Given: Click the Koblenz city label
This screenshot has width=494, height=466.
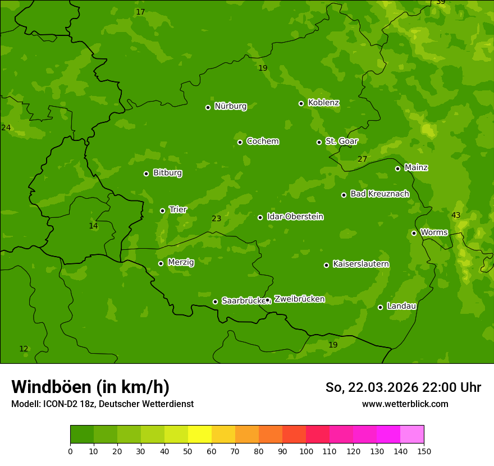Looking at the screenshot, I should coord(323,103).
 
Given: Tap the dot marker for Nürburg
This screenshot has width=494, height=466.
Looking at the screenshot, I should coord(208,107).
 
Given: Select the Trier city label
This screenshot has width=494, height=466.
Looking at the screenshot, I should coord(178,209).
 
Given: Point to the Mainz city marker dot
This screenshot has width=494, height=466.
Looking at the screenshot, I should coord(397,168).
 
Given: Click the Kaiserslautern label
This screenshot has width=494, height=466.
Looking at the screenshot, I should coord(361,264).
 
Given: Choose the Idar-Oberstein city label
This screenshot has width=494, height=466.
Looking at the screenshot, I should coord(295,217).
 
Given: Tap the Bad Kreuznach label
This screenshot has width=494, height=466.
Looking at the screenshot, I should coord(379,194).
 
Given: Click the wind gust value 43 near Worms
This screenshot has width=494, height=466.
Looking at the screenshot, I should coord(456,216).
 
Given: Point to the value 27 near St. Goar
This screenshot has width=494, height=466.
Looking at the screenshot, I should coord(363,159).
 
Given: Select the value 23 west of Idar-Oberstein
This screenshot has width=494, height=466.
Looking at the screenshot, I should coord(217,218).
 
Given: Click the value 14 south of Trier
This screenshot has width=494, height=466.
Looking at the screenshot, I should coord(93,226).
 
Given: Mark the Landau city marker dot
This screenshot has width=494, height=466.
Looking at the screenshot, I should coord(380,307).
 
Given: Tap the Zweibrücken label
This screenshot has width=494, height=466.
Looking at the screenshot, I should coord(299,299).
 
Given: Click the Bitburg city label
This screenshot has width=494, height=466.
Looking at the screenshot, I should coord(167,173).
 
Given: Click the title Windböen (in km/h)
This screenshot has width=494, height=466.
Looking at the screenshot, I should coord(90,387).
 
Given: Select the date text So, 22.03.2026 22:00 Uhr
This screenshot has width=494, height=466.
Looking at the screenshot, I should coord(403,387).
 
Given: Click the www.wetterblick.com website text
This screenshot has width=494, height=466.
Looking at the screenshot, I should coord(405,404).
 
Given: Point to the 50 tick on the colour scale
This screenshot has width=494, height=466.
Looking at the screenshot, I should coord(188,451).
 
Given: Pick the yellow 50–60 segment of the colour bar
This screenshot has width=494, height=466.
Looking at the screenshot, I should coord(200,435).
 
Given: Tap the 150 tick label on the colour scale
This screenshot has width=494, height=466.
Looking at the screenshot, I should coord(424,451).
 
